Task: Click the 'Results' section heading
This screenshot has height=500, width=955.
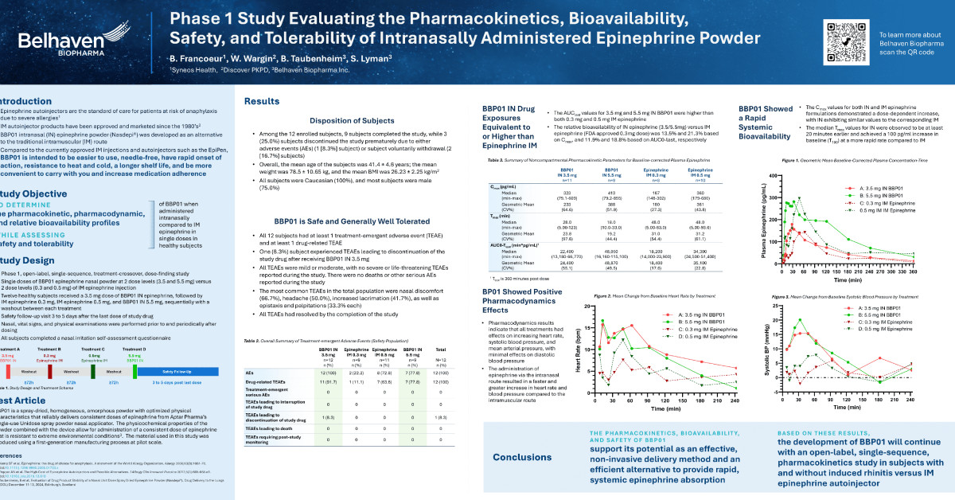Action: click(261, 102)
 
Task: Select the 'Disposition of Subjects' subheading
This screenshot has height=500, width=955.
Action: click(353, 121)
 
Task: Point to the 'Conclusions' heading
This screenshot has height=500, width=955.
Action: click(528, 457)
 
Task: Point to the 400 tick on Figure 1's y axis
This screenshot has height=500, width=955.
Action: click(751, 174)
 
